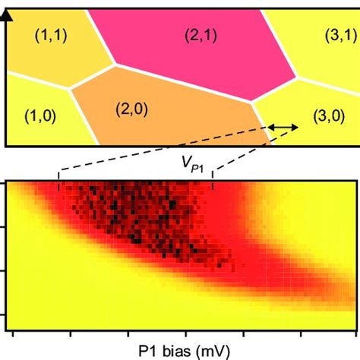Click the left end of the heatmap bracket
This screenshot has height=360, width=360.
click(58, 185)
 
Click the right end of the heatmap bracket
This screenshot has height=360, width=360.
click(213, 185)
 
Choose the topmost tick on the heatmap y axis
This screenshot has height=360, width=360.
click(5, 184)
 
